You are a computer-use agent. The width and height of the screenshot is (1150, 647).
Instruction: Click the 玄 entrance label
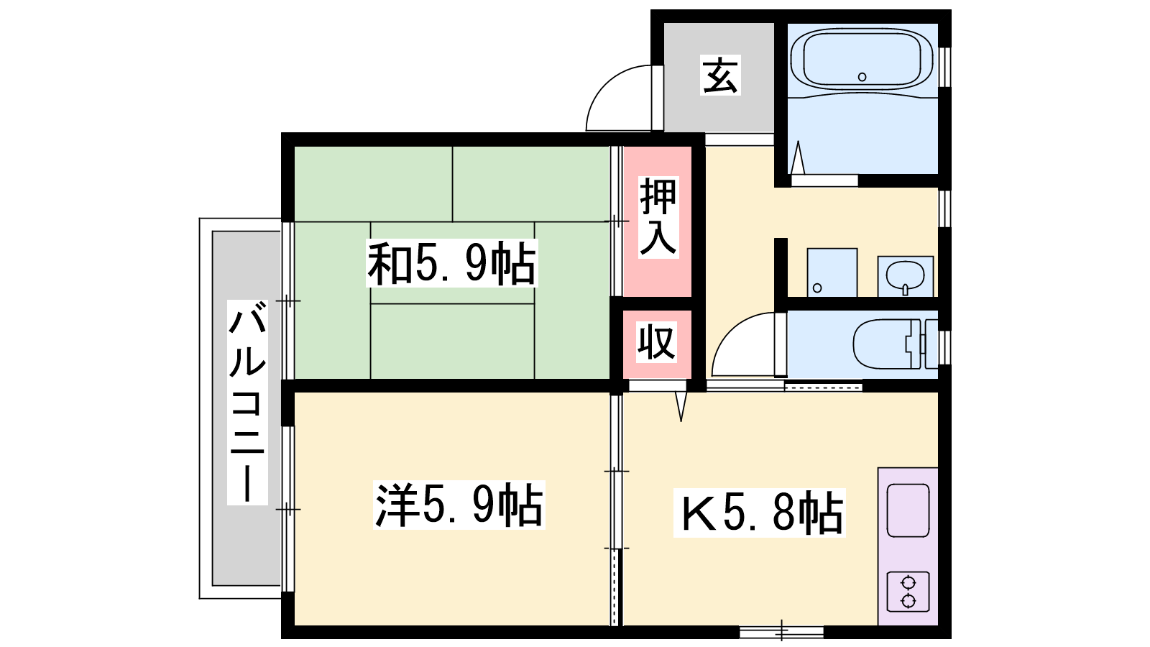click(720, 75)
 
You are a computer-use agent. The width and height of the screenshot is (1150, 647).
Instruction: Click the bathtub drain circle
click(862, 77)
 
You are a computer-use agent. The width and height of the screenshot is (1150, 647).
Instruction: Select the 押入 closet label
click(658, 217)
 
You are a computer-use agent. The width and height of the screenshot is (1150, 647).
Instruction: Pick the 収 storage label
click(657, 342)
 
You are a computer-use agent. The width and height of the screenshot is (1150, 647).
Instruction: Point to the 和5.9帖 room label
click(452, 263)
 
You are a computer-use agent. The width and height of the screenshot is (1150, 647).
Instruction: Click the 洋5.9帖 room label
click(459, 505)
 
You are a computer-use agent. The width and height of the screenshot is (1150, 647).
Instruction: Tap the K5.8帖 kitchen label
click(759, 513)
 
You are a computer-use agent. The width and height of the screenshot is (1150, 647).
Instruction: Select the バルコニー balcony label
click(247, 403)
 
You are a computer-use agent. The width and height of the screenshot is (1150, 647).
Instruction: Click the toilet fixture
click(896, 344)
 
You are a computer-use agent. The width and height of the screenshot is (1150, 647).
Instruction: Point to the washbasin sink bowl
click(905, 275)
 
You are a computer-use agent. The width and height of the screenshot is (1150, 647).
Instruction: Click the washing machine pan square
click(832, 272)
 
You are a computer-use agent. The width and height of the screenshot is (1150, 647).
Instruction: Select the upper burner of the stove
click(908, 583)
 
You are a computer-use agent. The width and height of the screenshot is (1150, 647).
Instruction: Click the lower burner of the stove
click(908, 600)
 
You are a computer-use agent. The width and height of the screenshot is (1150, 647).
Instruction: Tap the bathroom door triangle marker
click(798, 158)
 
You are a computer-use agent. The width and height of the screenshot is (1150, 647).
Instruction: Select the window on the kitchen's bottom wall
click(781, 632)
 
